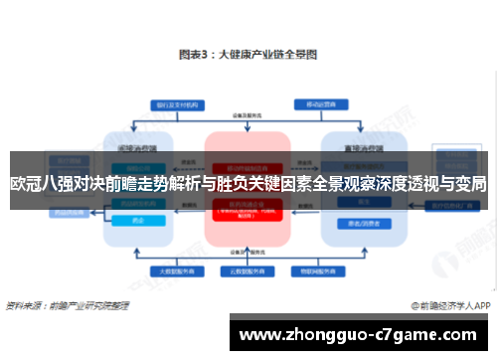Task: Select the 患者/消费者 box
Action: point(355,224)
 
